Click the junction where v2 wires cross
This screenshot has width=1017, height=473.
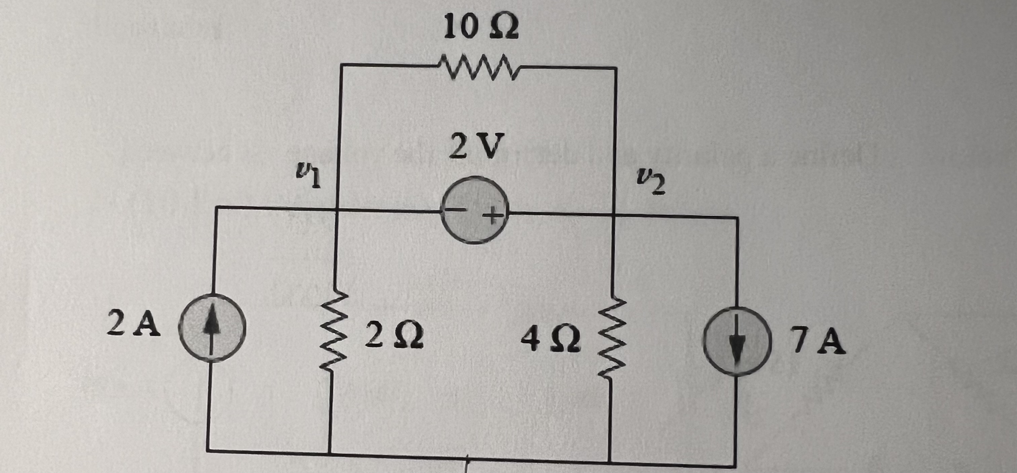[x=614, y=215]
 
